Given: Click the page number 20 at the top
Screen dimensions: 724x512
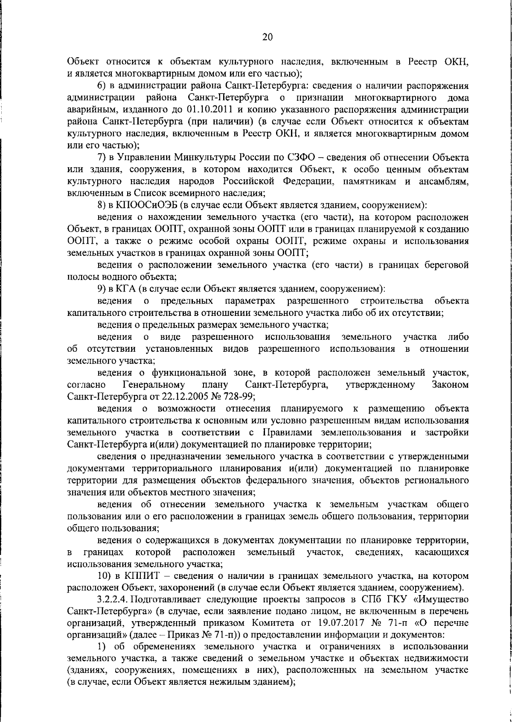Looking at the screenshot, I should pyautogui.click(x=267, y=37).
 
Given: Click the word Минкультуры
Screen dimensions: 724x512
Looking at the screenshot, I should pyautogui.click(x=202, y=158).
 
